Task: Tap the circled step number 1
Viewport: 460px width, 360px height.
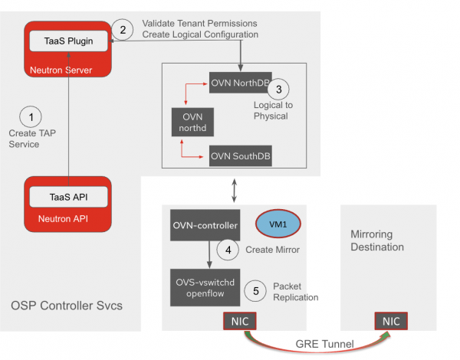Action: tap(31, 116)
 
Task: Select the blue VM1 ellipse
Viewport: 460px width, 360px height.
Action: tap(278, 223)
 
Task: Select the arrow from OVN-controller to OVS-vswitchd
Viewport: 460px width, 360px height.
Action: tap(209, 252)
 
